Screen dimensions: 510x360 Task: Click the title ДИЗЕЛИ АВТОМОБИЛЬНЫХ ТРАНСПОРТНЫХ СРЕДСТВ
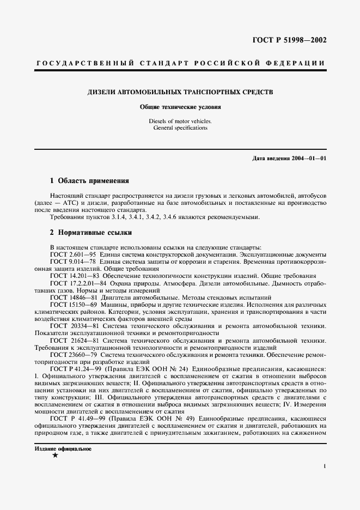point(180,92)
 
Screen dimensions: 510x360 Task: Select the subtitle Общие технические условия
point(180,107)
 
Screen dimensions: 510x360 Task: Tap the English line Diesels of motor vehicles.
point(180,121)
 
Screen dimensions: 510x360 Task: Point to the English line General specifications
point(180,128)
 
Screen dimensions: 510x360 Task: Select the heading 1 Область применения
point(89,180)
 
